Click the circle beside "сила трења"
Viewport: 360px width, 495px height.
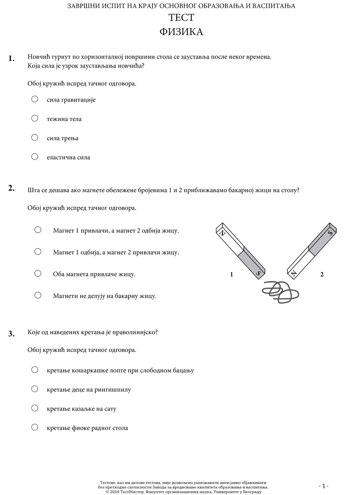[x=35, y=137]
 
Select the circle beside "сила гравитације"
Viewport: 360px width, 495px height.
[x=35, y=99]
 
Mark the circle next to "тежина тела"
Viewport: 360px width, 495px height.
[x=35, y=118]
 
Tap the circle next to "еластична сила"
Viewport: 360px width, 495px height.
[x=35, y=157]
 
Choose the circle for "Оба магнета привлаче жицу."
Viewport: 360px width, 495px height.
[x=38, y=273]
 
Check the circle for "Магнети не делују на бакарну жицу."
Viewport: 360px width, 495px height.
[x=38, y=295]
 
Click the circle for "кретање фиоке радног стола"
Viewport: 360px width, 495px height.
[x=35, y=427]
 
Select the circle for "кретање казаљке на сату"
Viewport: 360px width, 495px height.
[x=35, y=408]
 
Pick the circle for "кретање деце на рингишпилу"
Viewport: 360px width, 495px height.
[x=35, y=389]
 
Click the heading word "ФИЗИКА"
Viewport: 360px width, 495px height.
[x=181, y=32]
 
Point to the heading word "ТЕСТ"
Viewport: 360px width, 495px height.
[x=181, y=18]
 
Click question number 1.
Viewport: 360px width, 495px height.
[x=11, y=58]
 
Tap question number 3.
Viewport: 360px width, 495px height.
[x=11, y=334]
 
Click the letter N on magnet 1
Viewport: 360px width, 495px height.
[x=221, y=232]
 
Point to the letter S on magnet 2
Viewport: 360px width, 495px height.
[x=330, y=232]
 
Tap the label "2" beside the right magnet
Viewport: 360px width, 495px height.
[x=322, y=274]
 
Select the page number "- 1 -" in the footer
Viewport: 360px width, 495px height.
[x=324, y=486]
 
